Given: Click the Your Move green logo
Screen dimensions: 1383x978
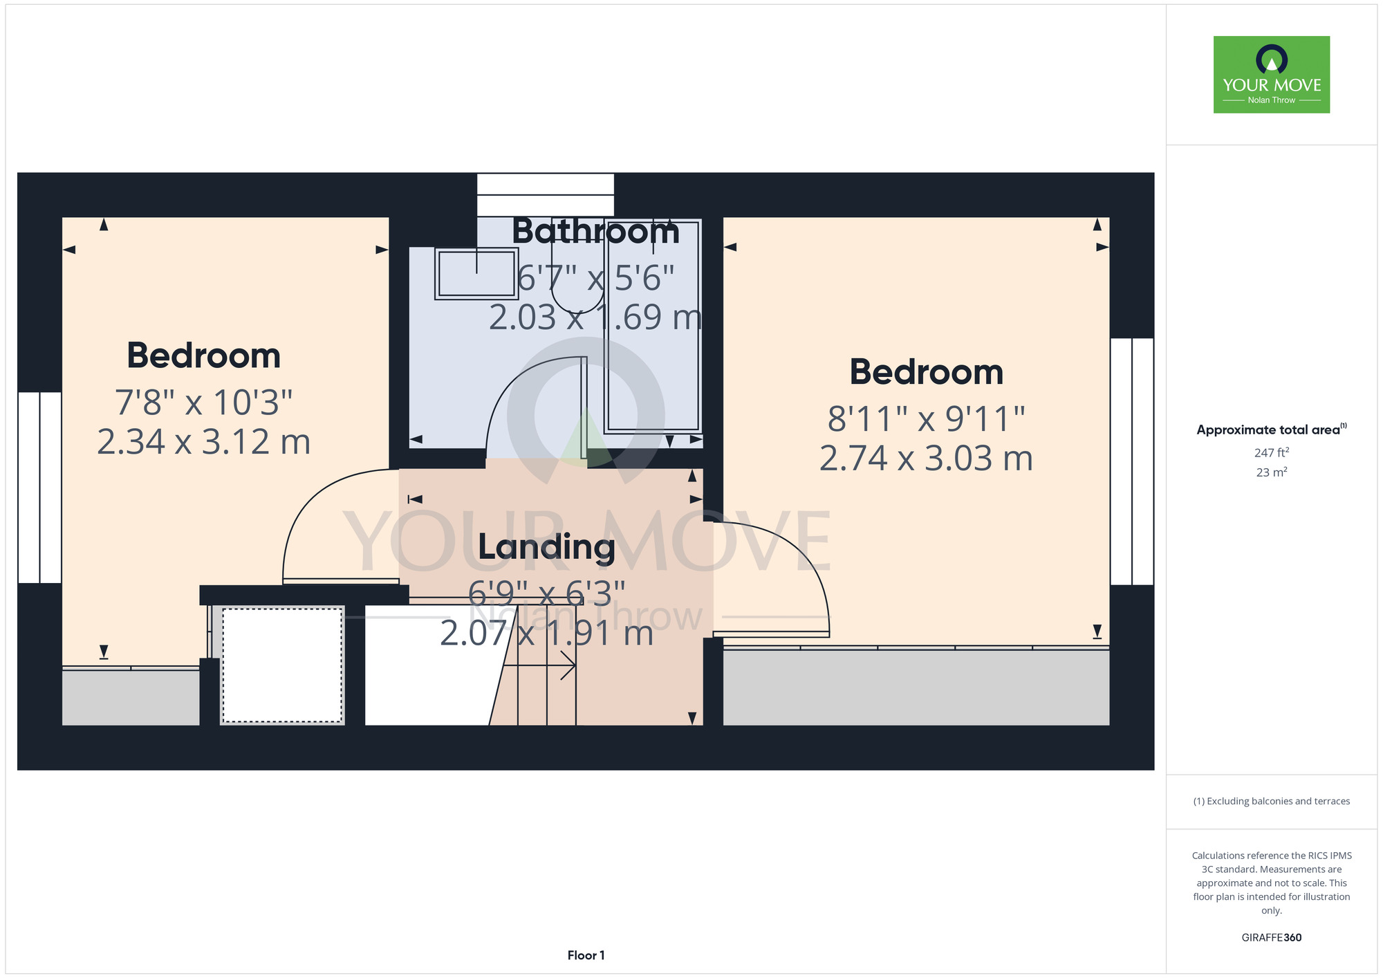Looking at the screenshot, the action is pyautogui.click(x=1271, y=75).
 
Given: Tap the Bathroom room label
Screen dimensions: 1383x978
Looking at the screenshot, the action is pyautogui.click(x=595, y=232).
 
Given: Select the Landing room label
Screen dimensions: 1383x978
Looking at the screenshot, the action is pyautogui.click(x=547, y=547).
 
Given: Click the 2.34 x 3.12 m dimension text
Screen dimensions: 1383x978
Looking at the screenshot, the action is pyautogui.click(x=203, y=442).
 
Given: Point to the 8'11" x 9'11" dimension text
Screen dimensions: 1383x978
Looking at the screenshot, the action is pyautogui.click(x=926, y=418).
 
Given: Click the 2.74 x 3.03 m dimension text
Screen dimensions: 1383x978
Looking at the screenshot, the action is pyautogui.click(x=926, y=458).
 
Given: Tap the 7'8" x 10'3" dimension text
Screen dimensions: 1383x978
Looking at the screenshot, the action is pyautogui.click(x=203, y=403).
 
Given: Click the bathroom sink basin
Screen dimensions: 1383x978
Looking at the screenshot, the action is pyautogui.click(x=476, y=273).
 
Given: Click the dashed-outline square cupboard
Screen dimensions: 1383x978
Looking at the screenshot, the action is pyautogui.click(x=282, y=665).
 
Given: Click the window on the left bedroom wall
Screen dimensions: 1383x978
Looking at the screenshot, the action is pyautogui.click(x=39, y=488).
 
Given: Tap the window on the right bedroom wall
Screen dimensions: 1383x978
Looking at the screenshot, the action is pyautogui.click(x=1132, y=461).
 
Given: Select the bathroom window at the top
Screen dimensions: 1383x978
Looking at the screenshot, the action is pyautogui.click(x=546, y=194).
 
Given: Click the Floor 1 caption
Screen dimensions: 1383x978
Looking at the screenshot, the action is pyautogui.click(x=586, y=955).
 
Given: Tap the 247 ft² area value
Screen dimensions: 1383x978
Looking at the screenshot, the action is pyautogui.click(x=1271, y=452).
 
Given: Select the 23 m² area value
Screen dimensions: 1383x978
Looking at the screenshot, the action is pyautogui.click(x=1271, y=472).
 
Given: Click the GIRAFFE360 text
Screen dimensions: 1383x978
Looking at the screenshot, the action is pyautogui.click(x=1271, y=938).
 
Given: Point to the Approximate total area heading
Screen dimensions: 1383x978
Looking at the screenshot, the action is pyautogui.click(x=1271, y=430).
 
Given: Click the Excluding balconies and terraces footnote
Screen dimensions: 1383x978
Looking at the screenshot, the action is pyautogui.click(x=1271, y=801).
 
